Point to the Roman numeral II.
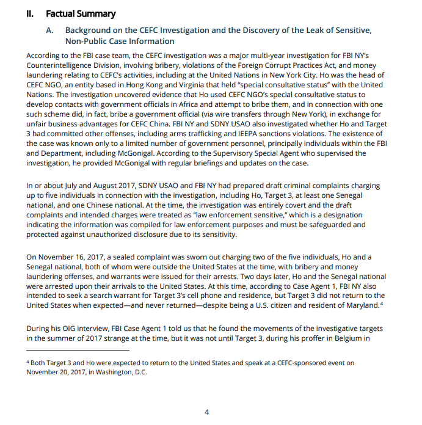pyautogui.click(x=30, y=13)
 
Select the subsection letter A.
pyautogui.click(x=51, y=30)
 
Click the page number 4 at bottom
pyautogui.click(x=206, y=412)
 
